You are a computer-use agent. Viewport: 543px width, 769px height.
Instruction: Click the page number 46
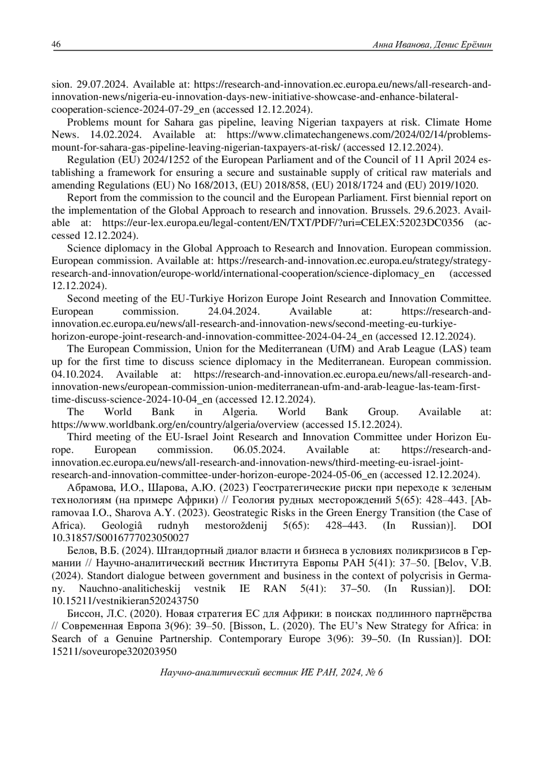click(57, 44)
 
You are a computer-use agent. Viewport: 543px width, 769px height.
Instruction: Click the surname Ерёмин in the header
click(475, 45)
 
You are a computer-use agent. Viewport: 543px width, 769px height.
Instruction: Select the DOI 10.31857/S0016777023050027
click(120, 538)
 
